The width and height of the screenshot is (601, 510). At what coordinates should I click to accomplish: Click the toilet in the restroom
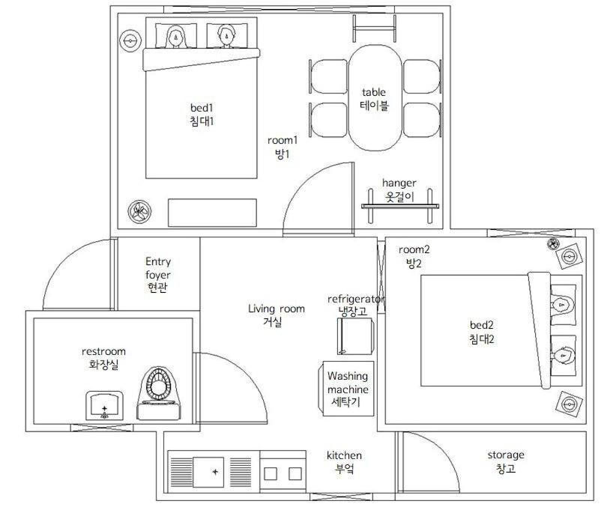159,393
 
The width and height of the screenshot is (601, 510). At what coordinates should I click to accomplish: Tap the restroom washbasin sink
104,405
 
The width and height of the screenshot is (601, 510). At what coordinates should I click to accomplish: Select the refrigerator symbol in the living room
356,336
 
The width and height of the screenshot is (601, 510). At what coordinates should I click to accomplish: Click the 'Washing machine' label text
348,383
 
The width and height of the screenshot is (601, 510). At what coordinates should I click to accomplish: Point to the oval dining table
375,98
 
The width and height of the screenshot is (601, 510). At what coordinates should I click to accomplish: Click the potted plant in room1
139,211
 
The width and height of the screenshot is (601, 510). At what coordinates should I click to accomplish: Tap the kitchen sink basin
208,472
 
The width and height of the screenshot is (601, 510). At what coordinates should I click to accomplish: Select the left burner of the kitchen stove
271,473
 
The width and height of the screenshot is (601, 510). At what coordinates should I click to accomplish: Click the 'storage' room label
506,455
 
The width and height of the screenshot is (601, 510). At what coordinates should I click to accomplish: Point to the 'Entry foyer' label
158,268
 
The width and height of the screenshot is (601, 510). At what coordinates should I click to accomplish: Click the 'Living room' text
277,309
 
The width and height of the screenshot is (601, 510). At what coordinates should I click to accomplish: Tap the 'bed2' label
481,325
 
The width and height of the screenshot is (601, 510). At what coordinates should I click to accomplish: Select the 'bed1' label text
202,107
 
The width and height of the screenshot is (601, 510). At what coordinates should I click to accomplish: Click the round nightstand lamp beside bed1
130,40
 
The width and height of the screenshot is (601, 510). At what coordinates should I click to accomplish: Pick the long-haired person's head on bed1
176,37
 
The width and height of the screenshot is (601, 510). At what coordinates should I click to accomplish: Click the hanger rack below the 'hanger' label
400,206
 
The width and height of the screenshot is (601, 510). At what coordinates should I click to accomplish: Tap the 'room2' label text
414,250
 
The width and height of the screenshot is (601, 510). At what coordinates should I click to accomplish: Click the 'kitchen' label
344,455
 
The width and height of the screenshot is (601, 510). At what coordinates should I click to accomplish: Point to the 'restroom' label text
103,351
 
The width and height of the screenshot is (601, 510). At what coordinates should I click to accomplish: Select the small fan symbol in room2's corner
553,243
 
